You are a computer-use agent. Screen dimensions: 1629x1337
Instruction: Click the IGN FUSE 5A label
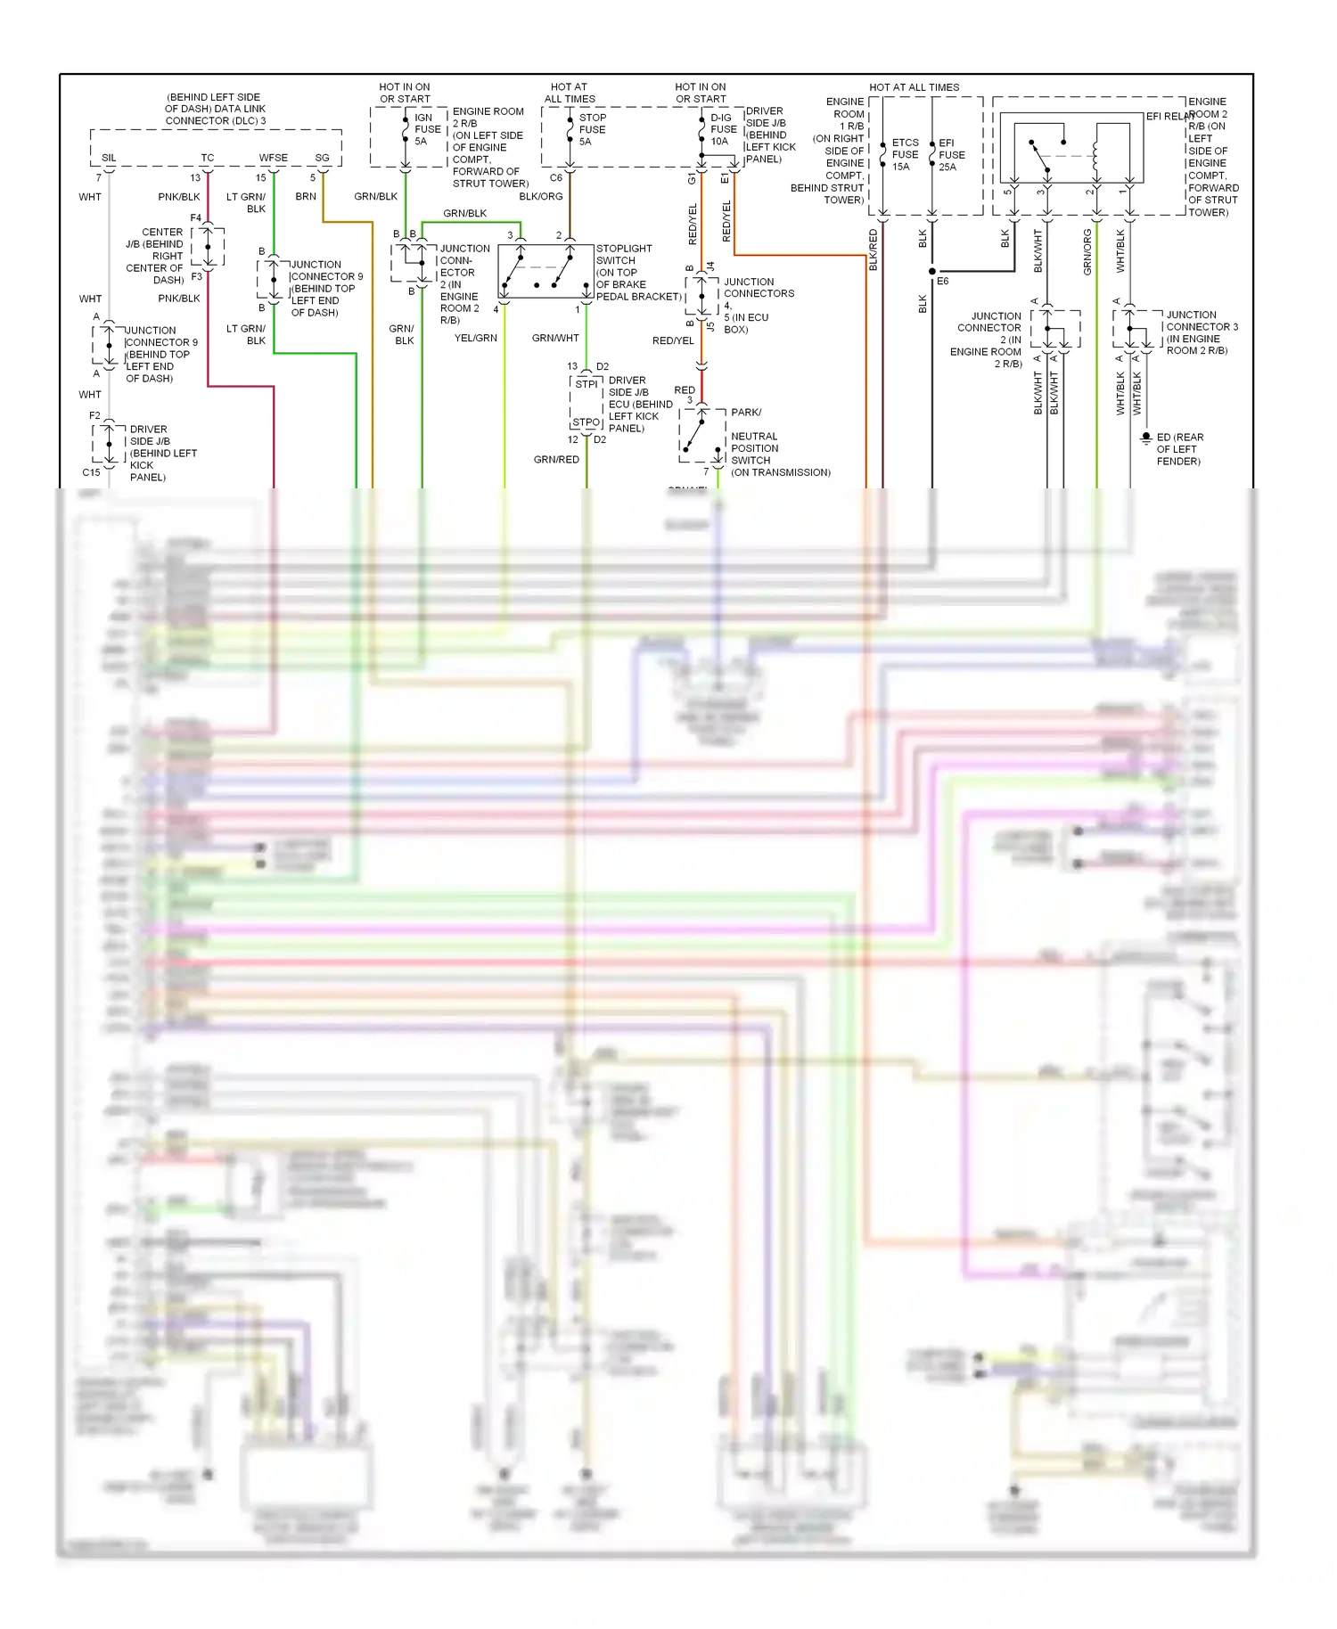pos(427,129)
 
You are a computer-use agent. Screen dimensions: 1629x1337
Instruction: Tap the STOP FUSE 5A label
pos(592,129)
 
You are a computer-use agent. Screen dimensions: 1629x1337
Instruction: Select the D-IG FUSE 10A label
pos(723,129)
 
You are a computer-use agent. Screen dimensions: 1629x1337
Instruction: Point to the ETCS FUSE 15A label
pos(905,154)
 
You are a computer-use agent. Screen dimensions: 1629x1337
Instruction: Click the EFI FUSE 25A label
pos(951,154)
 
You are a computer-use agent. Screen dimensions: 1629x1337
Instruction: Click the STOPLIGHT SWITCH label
pos(624,255)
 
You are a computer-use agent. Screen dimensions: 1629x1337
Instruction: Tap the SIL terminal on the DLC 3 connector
pos(109,158)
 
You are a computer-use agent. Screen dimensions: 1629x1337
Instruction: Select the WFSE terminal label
pos(274,158)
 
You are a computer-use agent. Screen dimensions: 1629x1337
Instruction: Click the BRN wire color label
pos(306,197)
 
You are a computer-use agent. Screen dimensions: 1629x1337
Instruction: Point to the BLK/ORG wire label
pos(541,197)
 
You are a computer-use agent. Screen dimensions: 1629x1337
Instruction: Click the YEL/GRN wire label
pos(476,339)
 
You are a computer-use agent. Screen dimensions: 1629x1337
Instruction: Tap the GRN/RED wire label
pos(556,460)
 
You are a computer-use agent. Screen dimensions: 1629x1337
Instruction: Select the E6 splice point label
pos(943,282)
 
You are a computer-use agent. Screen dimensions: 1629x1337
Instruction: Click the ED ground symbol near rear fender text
pos(1146,438)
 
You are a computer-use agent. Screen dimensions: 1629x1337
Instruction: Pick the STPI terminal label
pos(586,384)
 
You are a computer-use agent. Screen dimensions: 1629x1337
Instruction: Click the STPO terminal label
pos(586,422)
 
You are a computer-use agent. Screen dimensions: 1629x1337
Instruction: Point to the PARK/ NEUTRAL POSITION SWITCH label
pos(754,442)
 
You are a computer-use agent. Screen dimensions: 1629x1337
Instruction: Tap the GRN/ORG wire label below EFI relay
pos(1087,252)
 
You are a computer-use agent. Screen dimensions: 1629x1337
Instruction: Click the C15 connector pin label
pos(91,473)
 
